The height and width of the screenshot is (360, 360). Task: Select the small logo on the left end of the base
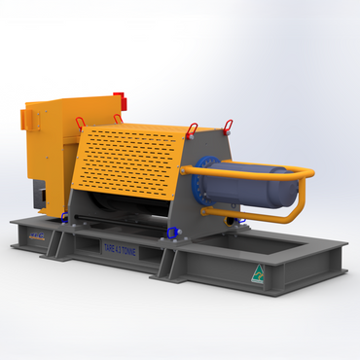tap(36, 236)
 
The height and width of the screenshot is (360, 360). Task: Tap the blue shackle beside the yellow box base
tap(65, 216)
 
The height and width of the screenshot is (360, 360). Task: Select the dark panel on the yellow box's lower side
tap(42, 195)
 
